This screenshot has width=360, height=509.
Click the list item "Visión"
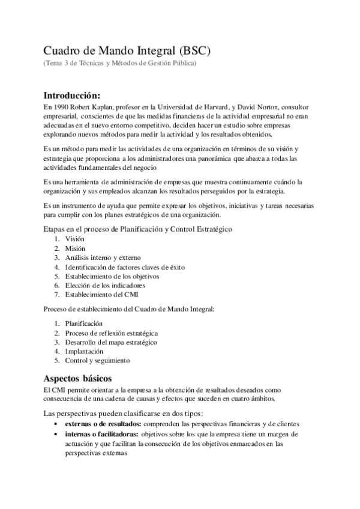(x=75, y=239)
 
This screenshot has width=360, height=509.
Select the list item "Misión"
(x=75, y=248)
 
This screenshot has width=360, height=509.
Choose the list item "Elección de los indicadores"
(x=105, y=286)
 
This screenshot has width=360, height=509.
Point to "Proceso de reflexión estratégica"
(x=112, y=333)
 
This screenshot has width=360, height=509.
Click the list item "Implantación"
(x=85, y=351)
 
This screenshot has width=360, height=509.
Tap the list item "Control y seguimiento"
(x=98, y=360)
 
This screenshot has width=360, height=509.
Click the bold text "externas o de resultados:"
(x=103, y=423)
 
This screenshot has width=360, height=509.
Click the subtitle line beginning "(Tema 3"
(x=119, y=63)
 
